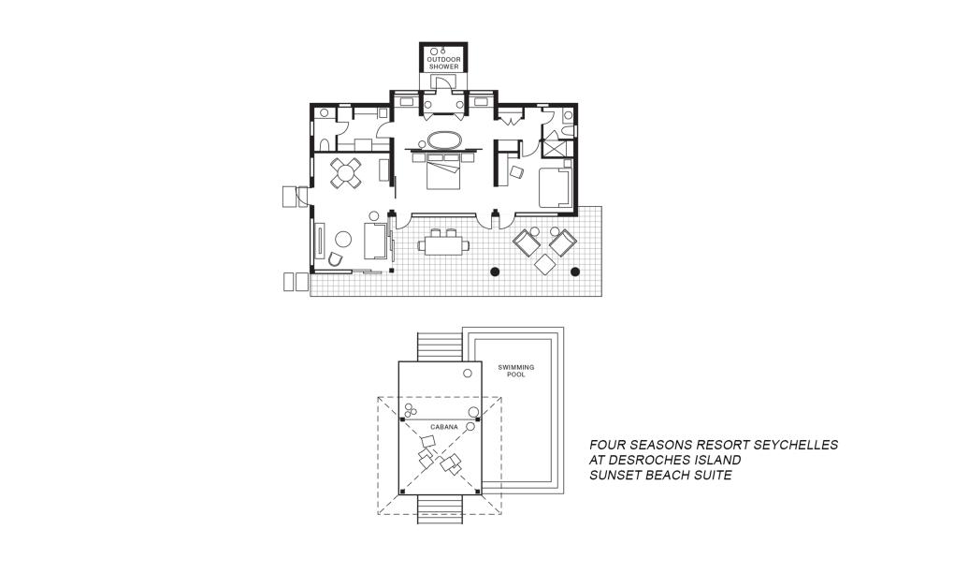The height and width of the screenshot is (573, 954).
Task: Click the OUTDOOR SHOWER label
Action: point(444,63)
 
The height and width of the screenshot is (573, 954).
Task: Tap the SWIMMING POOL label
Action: point(511,370)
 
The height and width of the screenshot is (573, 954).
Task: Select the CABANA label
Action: point(444,427)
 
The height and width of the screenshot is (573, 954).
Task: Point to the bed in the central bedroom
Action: point(444,171)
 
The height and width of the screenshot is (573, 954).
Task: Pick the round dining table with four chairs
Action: point(346,171)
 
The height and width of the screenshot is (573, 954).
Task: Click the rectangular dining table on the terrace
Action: point(444,245)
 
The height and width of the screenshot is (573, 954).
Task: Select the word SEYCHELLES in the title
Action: point(787,445)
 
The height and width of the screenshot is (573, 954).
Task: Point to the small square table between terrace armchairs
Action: point(544,264)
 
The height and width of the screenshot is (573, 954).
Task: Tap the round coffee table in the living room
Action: point(343,240)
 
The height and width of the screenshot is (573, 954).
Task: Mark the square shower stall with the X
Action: point(555,148)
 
